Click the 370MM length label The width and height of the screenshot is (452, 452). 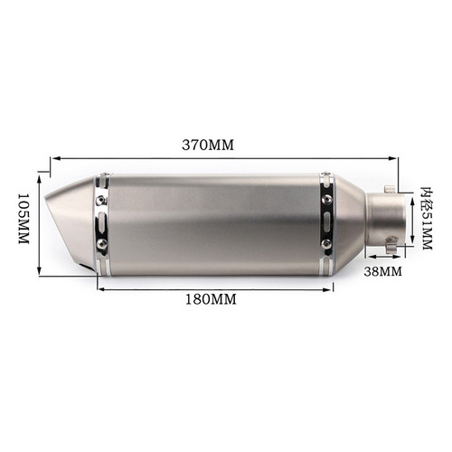206,145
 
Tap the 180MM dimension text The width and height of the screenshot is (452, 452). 211,299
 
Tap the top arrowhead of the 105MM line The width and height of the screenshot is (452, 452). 41,168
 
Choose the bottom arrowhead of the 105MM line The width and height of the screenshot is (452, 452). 41,273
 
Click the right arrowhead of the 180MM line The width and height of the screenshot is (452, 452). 332,289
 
